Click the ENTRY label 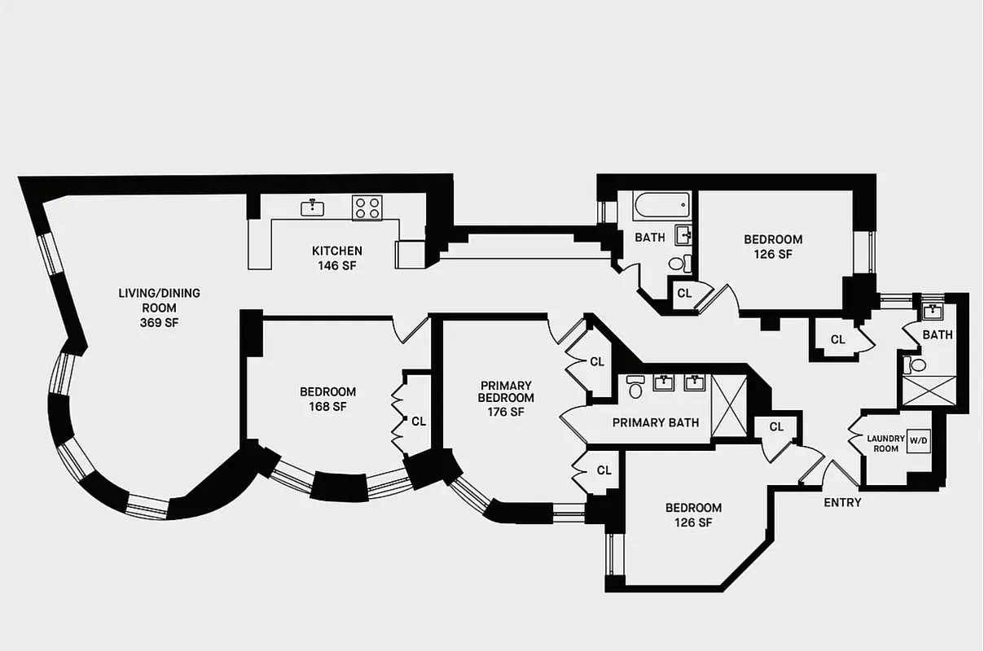(x=841, y=503)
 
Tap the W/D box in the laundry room (x=918, y=440)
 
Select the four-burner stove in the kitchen (x=367, y=208)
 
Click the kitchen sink (x=313, y=208)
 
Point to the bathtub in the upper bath (x=661, y=206)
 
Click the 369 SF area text (x=159, y=323)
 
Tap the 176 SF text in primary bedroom (x=505, y=412)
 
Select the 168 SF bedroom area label (x=327, y=407)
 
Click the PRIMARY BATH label (x=655, y=422)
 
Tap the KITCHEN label (x=336, y=251)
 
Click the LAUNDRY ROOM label (x=885, y=443)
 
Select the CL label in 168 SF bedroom (x=419, y=422)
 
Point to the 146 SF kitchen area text (x=336, y=265)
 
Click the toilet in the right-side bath (x=912, y=365)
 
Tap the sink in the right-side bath (x=933, y=312)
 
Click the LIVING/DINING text (x=159, y=293)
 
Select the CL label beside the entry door (x=775, y=426)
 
